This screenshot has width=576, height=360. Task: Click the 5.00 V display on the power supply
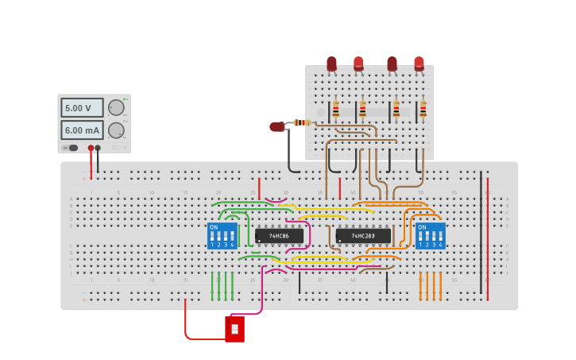82,107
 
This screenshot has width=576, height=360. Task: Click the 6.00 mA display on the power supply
82,130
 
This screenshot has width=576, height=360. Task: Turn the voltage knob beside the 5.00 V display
116,107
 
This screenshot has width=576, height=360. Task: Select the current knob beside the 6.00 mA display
116,130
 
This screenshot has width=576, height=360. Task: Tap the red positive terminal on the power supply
91,148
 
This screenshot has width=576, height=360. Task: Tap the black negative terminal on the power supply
98,148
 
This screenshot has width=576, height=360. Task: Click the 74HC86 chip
279,236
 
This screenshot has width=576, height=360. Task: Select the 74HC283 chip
363,236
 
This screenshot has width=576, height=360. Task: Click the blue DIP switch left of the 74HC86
222,236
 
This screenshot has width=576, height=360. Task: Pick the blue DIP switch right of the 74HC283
430,236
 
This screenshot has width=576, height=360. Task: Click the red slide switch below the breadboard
234,328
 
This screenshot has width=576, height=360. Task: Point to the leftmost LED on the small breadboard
331,64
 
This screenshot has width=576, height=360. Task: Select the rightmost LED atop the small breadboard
419,64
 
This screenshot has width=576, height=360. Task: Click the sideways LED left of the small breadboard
276,126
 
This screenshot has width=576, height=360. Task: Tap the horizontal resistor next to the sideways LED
300,122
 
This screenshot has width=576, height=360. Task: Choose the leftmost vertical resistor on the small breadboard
335,110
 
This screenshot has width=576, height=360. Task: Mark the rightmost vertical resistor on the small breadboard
423,110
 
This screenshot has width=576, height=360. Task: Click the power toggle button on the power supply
72,148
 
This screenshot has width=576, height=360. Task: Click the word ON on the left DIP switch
213,227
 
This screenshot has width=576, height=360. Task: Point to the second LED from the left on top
358,64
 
